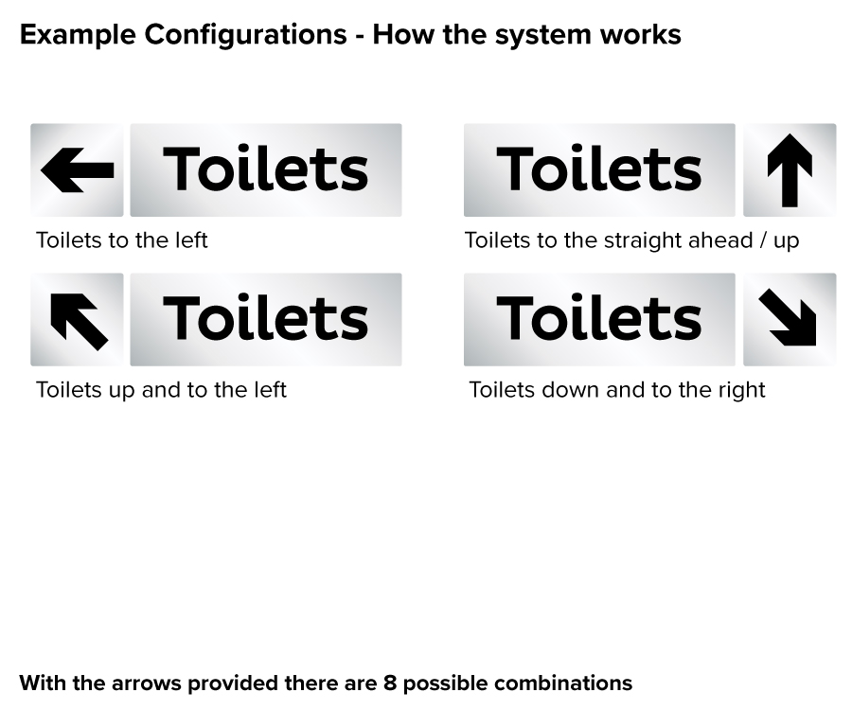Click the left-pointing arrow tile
tap(77, 170)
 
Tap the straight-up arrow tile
tap(790, 170)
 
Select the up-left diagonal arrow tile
tap(77, 320)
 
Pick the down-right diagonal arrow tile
tap(790, 320)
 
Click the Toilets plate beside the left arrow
tap(266, 170)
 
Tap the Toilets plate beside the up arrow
tap(599, 170)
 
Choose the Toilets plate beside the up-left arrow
tap(266, 320)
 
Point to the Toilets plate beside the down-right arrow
tap(599, 320)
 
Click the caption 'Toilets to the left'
tap(121, 240)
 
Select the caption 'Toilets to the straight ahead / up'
tap(631, 240)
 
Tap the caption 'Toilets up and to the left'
tap(161, 390)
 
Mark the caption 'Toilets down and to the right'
tap(617, 390)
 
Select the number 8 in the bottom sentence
tap(389, 683)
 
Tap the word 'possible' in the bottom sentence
tap(444, 683)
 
